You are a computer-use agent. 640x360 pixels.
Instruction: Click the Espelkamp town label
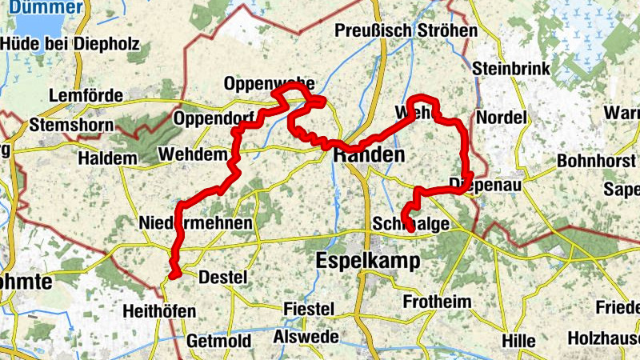pos(368,261)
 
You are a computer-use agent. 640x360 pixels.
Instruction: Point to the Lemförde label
pos(86,96)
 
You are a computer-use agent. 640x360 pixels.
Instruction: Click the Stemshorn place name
pos(70,125)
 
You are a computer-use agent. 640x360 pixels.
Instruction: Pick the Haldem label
pos(107,158)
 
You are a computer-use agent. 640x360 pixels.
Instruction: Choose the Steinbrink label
pos(511,69)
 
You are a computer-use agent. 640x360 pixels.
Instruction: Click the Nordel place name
pos(501,118)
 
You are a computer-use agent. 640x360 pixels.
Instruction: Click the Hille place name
pos(518,341)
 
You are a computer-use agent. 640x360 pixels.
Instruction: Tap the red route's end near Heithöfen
pos(171,276)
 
